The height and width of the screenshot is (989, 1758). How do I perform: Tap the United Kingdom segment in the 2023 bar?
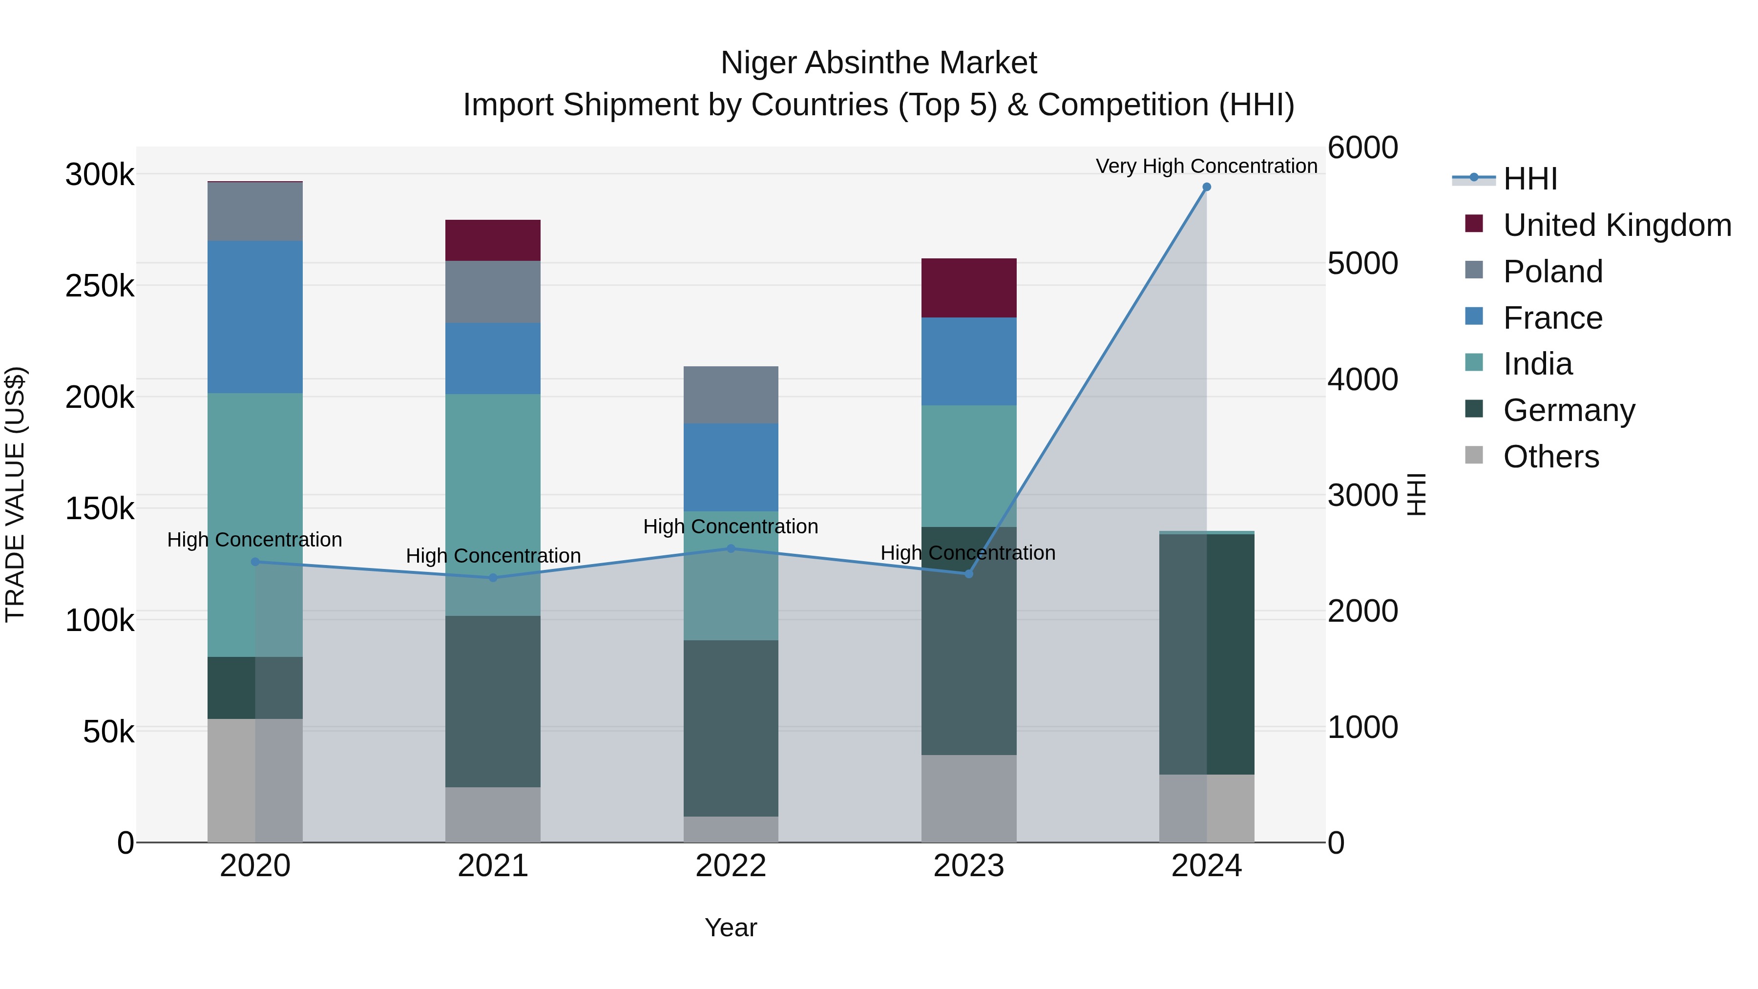click(x=968, y=288)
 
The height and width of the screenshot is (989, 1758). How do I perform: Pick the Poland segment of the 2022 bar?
click(x=731, y=395)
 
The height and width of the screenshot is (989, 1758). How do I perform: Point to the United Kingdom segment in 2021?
click(x=493, y=240)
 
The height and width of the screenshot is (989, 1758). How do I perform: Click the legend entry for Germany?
click(x=1568, y=410)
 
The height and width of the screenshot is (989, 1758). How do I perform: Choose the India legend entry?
click(x=1538, y=364)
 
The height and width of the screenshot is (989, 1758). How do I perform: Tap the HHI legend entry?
click(x=1529, y=179)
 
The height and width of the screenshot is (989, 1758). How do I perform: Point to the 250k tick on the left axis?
click(x=100, y=286)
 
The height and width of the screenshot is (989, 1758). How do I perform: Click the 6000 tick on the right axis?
click(x=1362, y=148)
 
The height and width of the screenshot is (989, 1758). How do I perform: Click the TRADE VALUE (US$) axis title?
click(x=15, y=494)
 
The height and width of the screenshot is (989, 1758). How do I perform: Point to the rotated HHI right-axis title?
click(x=1417, y=494)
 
